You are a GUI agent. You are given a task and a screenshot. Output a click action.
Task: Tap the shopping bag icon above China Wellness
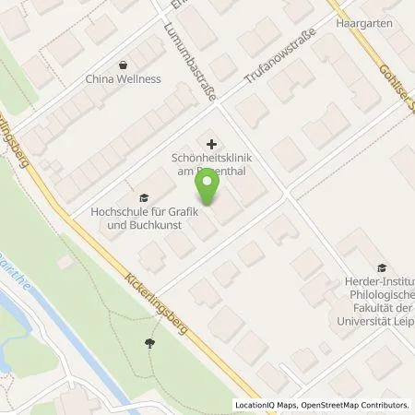[x=123, y=64]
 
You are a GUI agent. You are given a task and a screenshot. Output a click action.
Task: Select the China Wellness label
[x=123, y=79]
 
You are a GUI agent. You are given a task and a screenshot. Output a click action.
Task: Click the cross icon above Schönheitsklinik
[x=213, y=143]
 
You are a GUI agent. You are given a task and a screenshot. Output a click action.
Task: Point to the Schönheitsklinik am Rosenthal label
[x=213, y=164]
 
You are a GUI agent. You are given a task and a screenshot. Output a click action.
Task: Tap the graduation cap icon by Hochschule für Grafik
[x=143, y=197]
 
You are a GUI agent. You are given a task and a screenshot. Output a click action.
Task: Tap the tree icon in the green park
[x=149, y=343]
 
